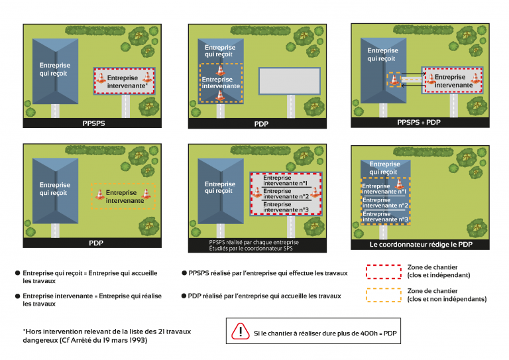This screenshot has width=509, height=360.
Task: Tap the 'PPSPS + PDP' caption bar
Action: (418, 123)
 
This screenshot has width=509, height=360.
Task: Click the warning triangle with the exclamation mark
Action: (237, 332)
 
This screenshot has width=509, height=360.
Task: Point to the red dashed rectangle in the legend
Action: (393, 270)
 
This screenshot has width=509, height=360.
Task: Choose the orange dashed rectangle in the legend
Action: (393, 295)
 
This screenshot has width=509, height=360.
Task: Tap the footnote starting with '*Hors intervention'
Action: (86, 335)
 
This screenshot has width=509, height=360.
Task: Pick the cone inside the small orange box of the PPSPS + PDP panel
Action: (394, 80)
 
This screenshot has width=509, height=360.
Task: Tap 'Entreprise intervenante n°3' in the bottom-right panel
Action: (384, 217)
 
